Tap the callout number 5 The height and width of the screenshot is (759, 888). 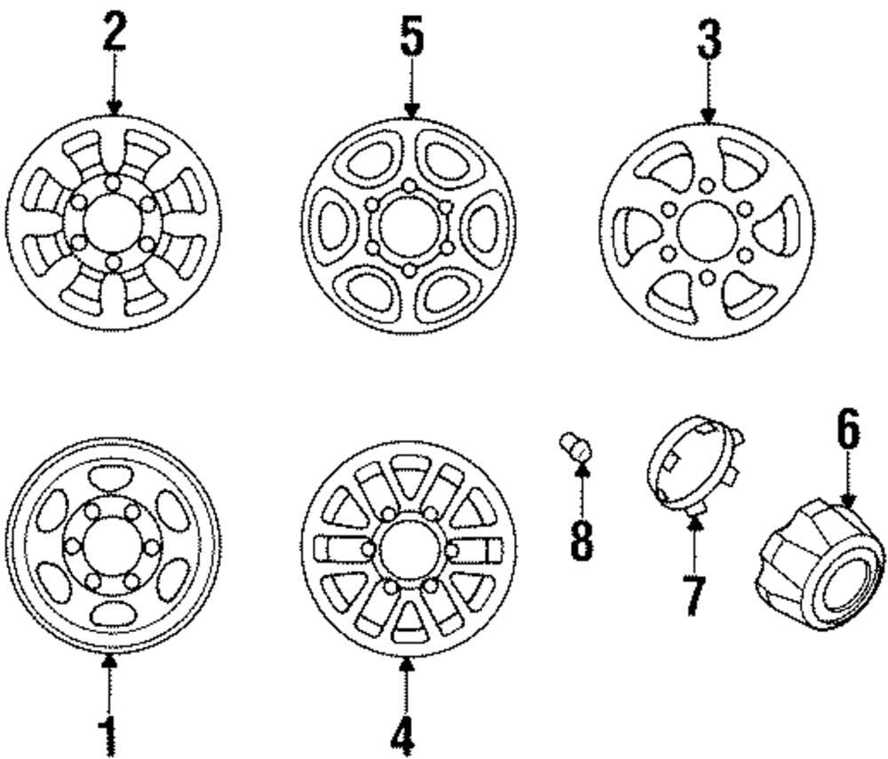[x=411, y=37]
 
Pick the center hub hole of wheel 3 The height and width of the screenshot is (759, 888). [x=707, y=231]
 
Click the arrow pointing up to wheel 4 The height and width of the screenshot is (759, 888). [x=405, y=675]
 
